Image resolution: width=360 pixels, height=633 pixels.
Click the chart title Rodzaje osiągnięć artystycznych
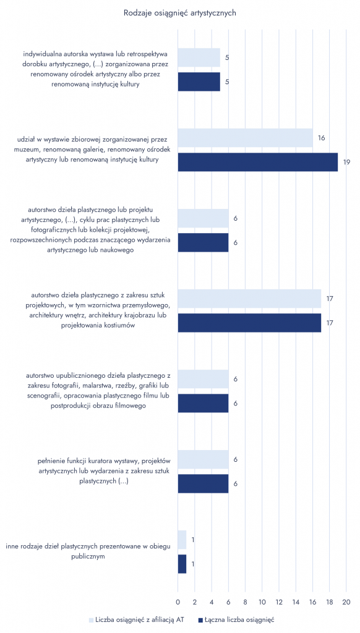coord(180,13)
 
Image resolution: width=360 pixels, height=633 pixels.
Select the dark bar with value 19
coord(258,163)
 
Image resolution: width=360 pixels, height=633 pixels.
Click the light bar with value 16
coord(245,138)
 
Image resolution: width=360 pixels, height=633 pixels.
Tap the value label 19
coord(346,163)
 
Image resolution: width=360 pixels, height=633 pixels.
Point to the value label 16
coord(322,138)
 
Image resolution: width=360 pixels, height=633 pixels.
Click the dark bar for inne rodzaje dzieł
coord(182,564)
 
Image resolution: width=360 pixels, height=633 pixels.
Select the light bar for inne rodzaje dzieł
coord(182,540)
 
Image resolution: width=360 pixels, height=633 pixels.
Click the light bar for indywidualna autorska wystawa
coord(199,57)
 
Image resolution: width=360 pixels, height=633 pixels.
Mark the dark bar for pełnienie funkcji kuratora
coord(204,483)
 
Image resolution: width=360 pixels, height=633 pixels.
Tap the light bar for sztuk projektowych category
coord(250,299)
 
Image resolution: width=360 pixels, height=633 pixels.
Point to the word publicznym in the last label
coord(91,556)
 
